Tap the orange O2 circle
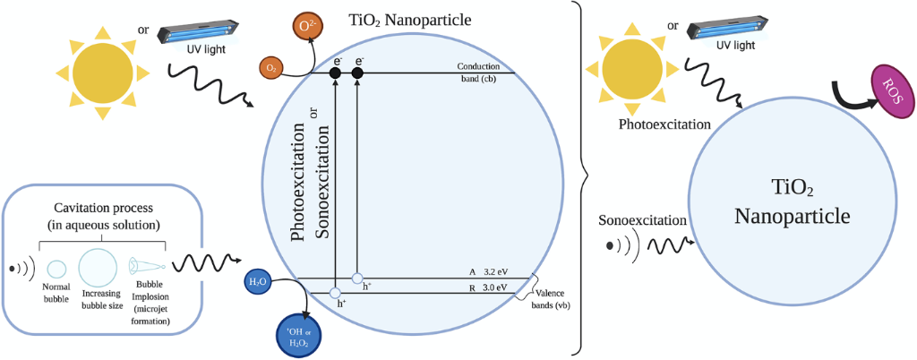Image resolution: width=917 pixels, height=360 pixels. (x=270, y=67)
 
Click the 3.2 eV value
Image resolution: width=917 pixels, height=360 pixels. (x=494, y=272)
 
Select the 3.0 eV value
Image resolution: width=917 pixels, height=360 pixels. (x=494, y=287)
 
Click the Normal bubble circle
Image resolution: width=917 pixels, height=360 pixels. (x=56, y=268)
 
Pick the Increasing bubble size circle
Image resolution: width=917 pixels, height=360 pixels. (x=99, y=266)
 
